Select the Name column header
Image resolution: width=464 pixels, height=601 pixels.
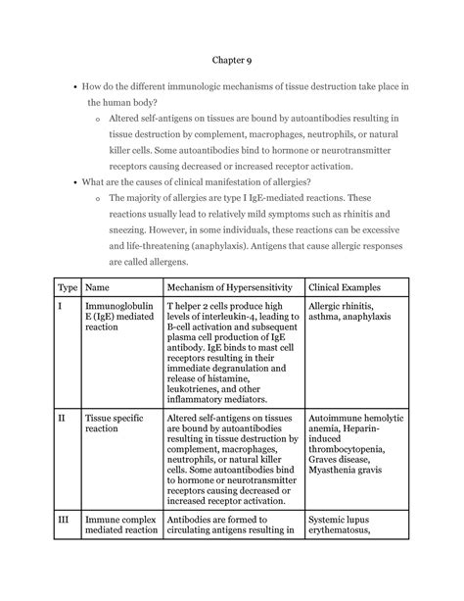click(98, 287)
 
